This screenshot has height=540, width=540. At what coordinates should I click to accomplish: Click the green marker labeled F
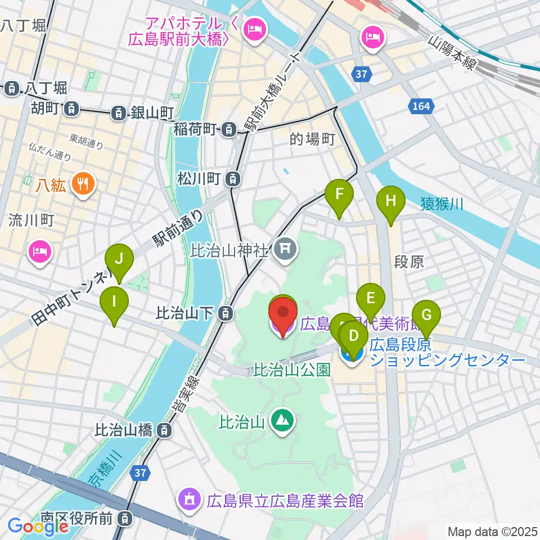pos(339,195)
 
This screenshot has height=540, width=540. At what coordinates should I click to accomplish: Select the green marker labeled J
pos(119,259)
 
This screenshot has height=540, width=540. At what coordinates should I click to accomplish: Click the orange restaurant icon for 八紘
pos(83,183)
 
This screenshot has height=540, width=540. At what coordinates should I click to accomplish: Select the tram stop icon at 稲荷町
pos(229,129)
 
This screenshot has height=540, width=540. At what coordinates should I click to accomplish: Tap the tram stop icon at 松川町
pos(232,179)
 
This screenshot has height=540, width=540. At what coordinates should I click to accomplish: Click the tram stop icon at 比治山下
pos(225,313)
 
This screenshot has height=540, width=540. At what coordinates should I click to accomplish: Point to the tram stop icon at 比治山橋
pos(163,431)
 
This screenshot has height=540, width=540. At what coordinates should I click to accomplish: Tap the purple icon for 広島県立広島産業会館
pos(187,499)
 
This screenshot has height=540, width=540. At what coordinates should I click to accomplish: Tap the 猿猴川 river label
pos(442,204)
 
